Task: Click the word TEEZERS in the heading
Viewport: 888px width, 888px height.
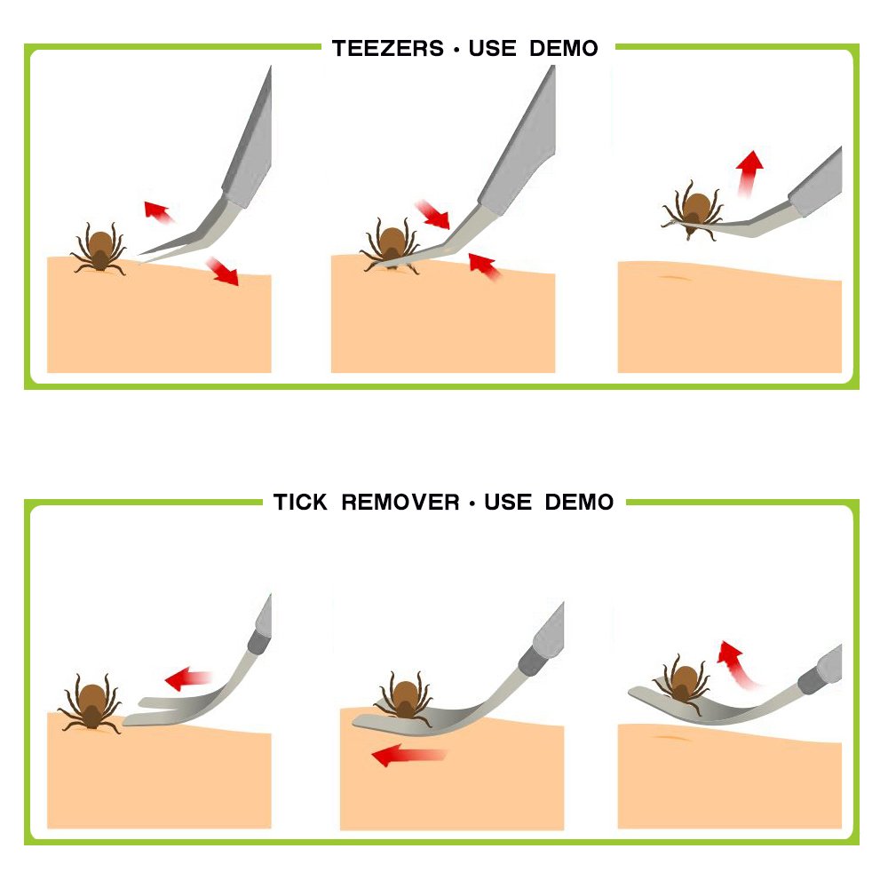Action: [388, 49]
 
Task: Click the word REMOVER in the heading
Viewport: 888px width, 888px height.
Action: [400, 503]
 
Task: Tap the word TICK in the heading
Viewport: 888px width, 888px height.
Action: [300, 503]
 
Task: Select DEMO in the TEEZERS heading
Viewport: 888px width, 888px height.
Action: [564, 49]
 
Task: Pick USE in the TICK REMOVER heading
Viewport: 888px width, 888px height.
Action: [508, 503]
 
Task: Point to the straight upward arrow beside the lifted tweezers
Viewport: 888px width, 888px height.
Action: [749, 173]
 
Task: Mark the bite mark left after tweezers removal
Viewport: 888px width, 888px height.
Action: [673, 277]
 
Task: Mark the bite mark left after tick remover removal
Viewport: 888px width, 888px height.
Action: [671, 738]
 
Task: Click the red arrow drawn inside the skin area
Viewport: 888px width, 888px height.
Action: [408, 755]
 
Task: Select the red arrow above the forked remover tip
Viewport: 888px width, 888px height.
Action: [188, 678]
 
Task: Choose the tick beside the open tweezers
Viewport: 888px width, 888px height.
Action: [99, 250]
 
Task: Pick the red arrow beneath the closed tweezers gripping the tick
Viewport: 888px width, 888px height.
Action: [485, 266]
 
